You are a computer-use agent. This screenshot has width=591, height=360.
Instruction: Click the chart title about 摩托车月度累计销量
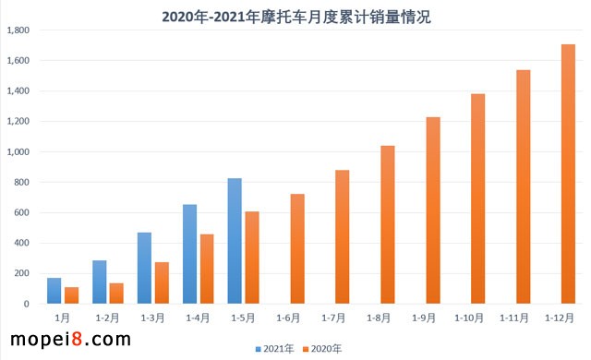295,15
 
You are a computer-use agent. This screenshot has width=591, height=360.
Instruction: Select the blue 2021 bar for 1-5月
235,241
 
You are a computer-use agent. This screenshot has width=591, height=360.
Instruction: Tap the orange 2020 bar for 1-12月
568,174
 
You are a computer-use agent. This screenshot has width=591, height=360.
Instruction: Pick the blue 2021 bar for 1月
54,291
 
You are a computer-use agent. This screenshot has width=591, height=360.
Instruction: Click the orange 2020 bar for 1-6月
296,248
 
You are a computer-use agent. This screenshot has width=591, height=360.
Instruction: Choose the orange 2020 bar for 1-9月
433,210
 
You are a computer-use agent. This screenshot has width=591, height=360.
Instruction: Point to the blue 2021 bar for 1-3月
145,268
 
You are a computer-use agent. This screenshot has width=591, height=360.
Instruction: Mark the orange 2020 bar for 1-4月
206,269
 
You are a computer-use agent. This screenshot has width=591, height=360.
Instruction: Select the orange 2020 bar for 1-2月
115,293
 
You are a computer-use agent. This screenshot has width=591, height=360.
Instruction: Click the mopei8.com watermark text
66,340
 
